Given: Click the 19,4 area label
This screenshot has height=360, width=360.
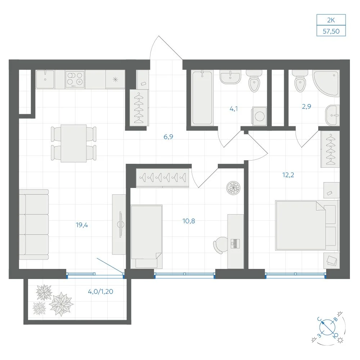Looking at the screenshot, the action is point(82,225).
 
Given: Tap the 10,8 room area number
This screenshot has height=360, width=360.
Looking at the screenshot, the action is point(189,221).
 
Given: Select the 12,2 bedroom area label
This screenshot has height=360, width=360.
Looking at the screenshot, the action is point(288,175).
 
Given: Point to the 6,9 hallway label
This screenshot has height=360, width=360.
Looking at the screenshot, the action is point(168,137).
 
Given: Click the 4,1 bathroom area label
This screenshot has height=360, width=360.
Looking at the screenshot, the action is point(234,109).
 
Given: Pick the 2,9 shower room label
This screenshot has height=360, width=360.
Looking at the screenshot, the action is point(306,106).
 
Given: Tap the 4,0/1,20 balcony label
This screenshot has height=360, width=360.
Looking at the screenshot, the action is point(100,292).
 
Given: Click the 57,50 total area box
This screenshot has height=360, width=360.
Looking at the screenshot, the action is point(331,31).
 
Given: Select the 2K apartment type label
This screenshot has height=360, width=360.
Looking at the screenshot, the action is point(331,20).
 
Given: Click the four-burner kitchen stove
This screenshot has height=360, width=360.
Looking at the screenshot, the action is point(75,79).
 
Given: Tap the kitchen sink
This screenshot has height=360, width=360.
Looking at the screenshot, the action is point(45,79).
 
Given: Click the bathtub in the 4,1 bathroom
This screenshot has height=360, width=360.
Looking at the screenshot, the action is point(202,98).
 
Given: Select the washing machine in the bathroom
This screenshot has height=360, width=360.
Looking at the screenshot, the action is point(260,116).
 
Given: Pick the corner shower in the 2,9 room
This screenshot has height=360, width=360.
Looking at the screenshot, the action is point(327,83).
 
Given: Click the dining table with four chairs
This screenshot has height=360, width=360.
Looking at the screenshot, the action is point(74,144).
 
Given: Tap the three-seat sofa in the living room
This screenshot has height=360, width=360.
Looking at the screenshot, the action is point(34,225).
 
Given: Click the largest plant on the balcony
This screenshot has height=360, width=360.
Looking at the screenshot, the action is point(61,304).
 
